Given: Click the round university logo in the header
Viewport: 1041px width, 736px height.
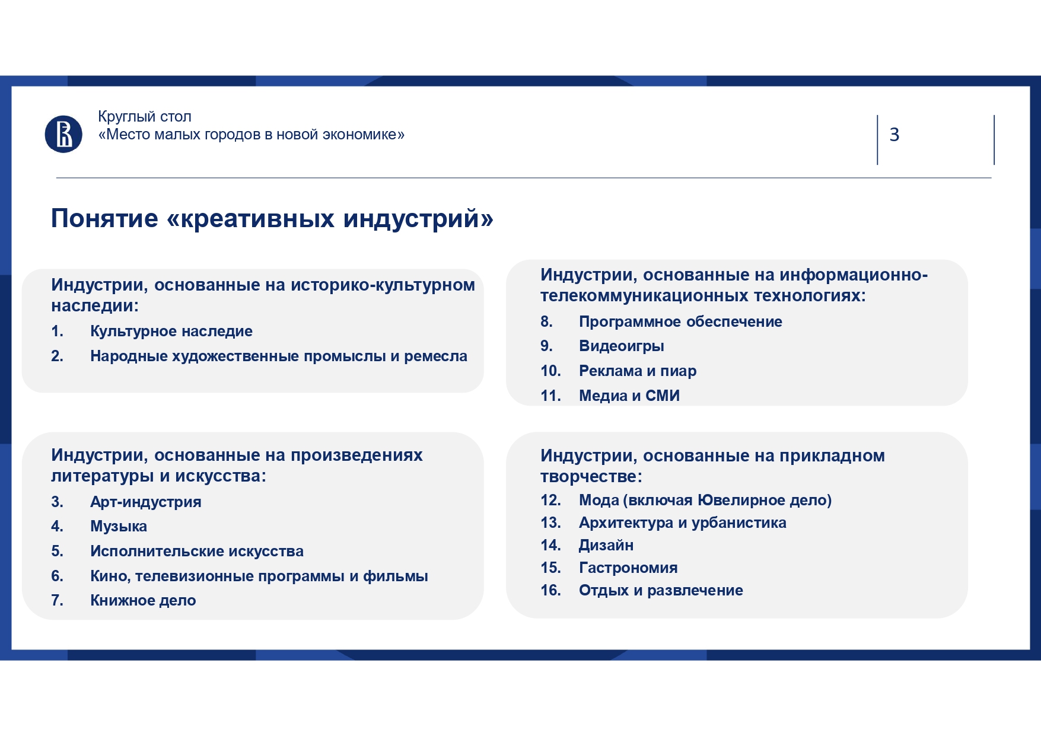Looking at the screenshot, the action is (x=63, y=134).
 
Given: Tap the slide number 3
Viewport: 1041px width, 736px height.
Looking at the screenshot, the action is (x=894, y=135).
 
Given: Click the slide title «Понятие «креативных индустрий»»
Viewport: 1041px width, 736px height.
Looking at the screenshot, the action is (x=272, y=218).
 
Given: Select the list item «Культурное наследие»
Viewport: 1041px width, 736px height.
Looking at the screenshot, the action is (x=171, y=331).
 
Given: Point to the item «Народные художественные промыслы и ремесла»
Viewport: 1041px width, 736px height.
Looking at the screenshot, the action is (x=279, y=356).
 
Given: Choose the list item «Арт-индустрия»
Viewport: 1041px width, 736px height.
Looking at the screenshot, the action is (x=146, y=502).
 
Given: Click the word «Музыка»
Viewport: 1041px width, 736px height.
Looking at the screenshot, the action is (x=119, y=526).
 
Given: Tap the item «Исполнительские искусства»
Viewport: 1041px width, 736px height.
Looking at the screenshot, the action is (x=197, y=551).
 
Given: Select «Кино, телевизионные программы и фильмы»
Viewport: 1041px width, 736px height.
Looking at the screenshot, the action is (x=259, y=576).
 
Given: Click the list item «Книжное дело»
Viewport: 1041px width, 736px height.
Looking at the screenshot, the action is (x=143, y=600).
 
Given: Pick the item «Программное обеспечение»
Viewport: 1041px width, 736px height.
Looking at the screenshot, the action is (x=680, y=321).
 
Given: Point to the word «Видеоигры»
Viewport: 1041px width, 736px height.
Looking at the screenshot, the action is (x=622, y=346).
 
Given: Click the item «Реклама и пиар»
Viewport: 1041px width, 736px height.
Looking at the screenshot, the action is (x=638, y=371).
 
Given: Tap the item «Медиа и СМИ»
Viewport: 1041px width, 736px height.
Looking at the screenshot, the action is (x=629, y=396).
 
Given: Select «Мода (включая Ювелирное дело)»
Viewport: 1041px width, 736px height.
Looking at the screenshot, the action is (x=705, y=500).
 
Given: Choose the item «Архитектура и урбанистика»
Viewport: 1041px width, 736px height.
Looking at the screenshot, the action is (x=683, y=522).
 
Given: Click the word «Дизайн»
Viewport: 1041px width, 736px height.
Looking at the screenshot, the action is (x=606, y=545).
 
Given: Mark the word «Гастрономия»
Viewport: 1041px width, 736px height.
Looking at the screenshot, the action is (x=628, y=568).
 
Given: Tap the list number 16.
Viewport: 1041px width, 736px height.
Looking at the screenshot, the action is (x=550, y=590).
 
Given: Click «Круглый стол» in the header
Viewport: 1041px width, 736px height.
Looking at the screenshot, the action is (x=145, y=117).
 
